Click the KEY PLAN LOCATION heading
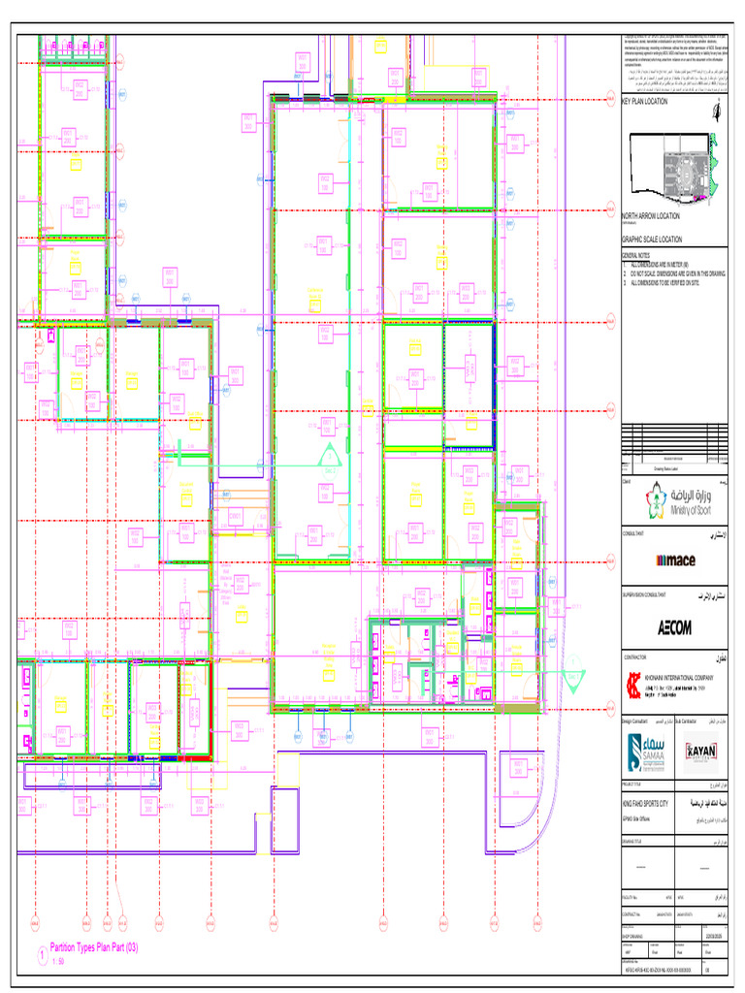click(x=645, y=101)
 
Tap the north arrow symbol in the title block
click(x=716, y=111)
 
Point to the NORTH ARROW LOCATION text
click(x=651, y=216)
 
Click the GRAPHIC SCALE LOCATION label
click(x=652, y=239)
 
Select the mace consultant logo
click(x=675, y=560)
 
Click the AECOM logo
click(x=675, y=627)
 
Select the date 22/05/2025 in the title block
click(x=715, y=935)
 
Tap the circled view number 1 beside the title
click(x=41, y=955)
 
